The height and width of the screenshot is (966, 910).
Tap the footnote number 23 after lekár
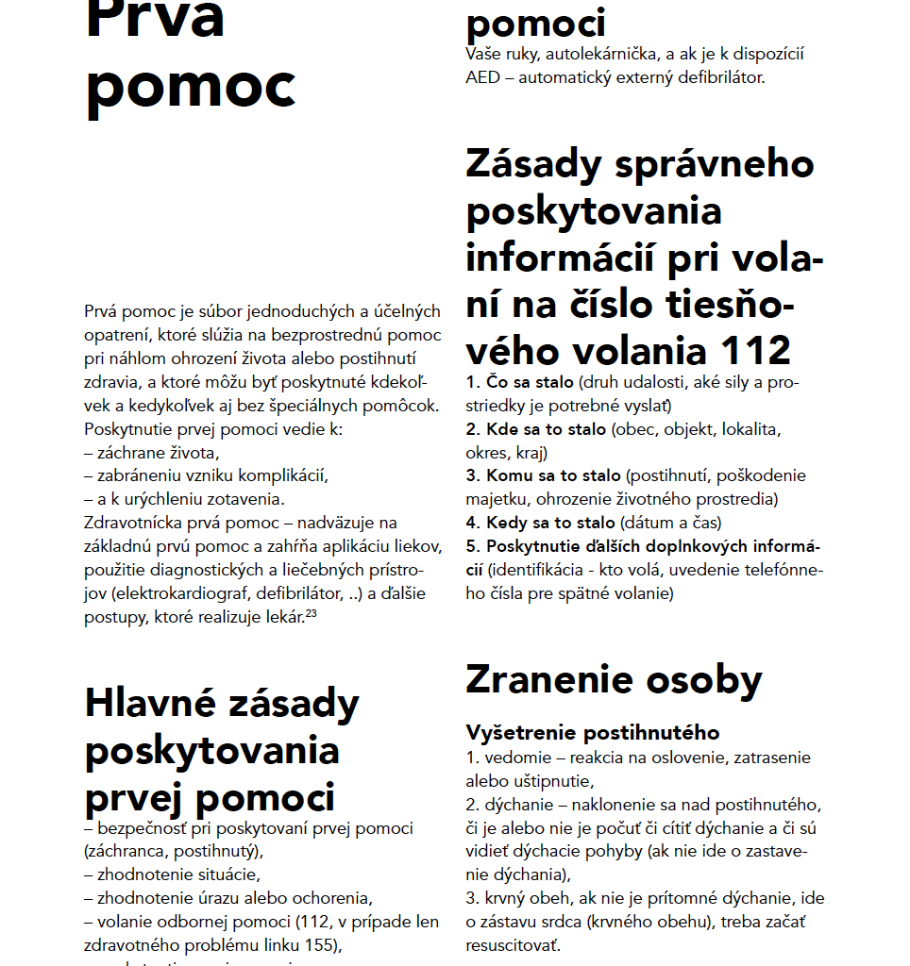pos(311,614)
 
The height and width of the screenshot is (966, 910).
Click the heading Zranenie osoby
pos(614,679)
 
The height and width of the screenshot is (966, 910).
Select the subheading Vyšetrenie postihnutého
pos(592,733)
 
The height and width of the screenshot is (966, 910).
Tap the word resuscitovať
pos(513,943)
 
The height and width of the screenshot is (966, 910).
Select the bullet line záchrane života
pos(157,452)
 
